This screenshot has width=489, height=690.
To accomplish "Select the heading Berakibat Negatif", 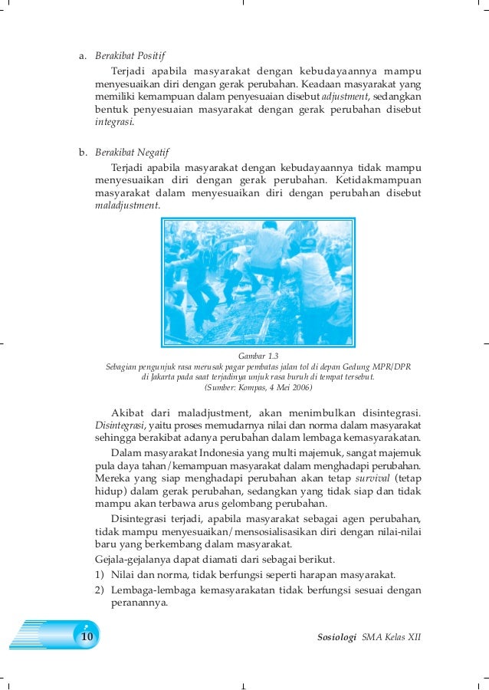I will (x=131, y=152).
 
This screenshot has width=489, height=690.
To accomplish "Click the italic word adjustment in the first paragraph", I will (x=344, y=97).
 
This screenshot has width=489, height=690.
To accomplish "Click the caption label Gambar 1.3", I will (x=258, y=356).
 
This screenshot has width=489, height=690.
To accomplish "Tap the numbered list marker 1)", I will (x=100, y=575).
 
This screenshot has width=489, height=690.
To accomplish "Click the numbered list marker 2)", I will (x=100, y=591).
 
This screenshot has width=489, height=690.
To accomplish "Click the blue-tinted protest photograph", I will (x=258, y=281).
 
